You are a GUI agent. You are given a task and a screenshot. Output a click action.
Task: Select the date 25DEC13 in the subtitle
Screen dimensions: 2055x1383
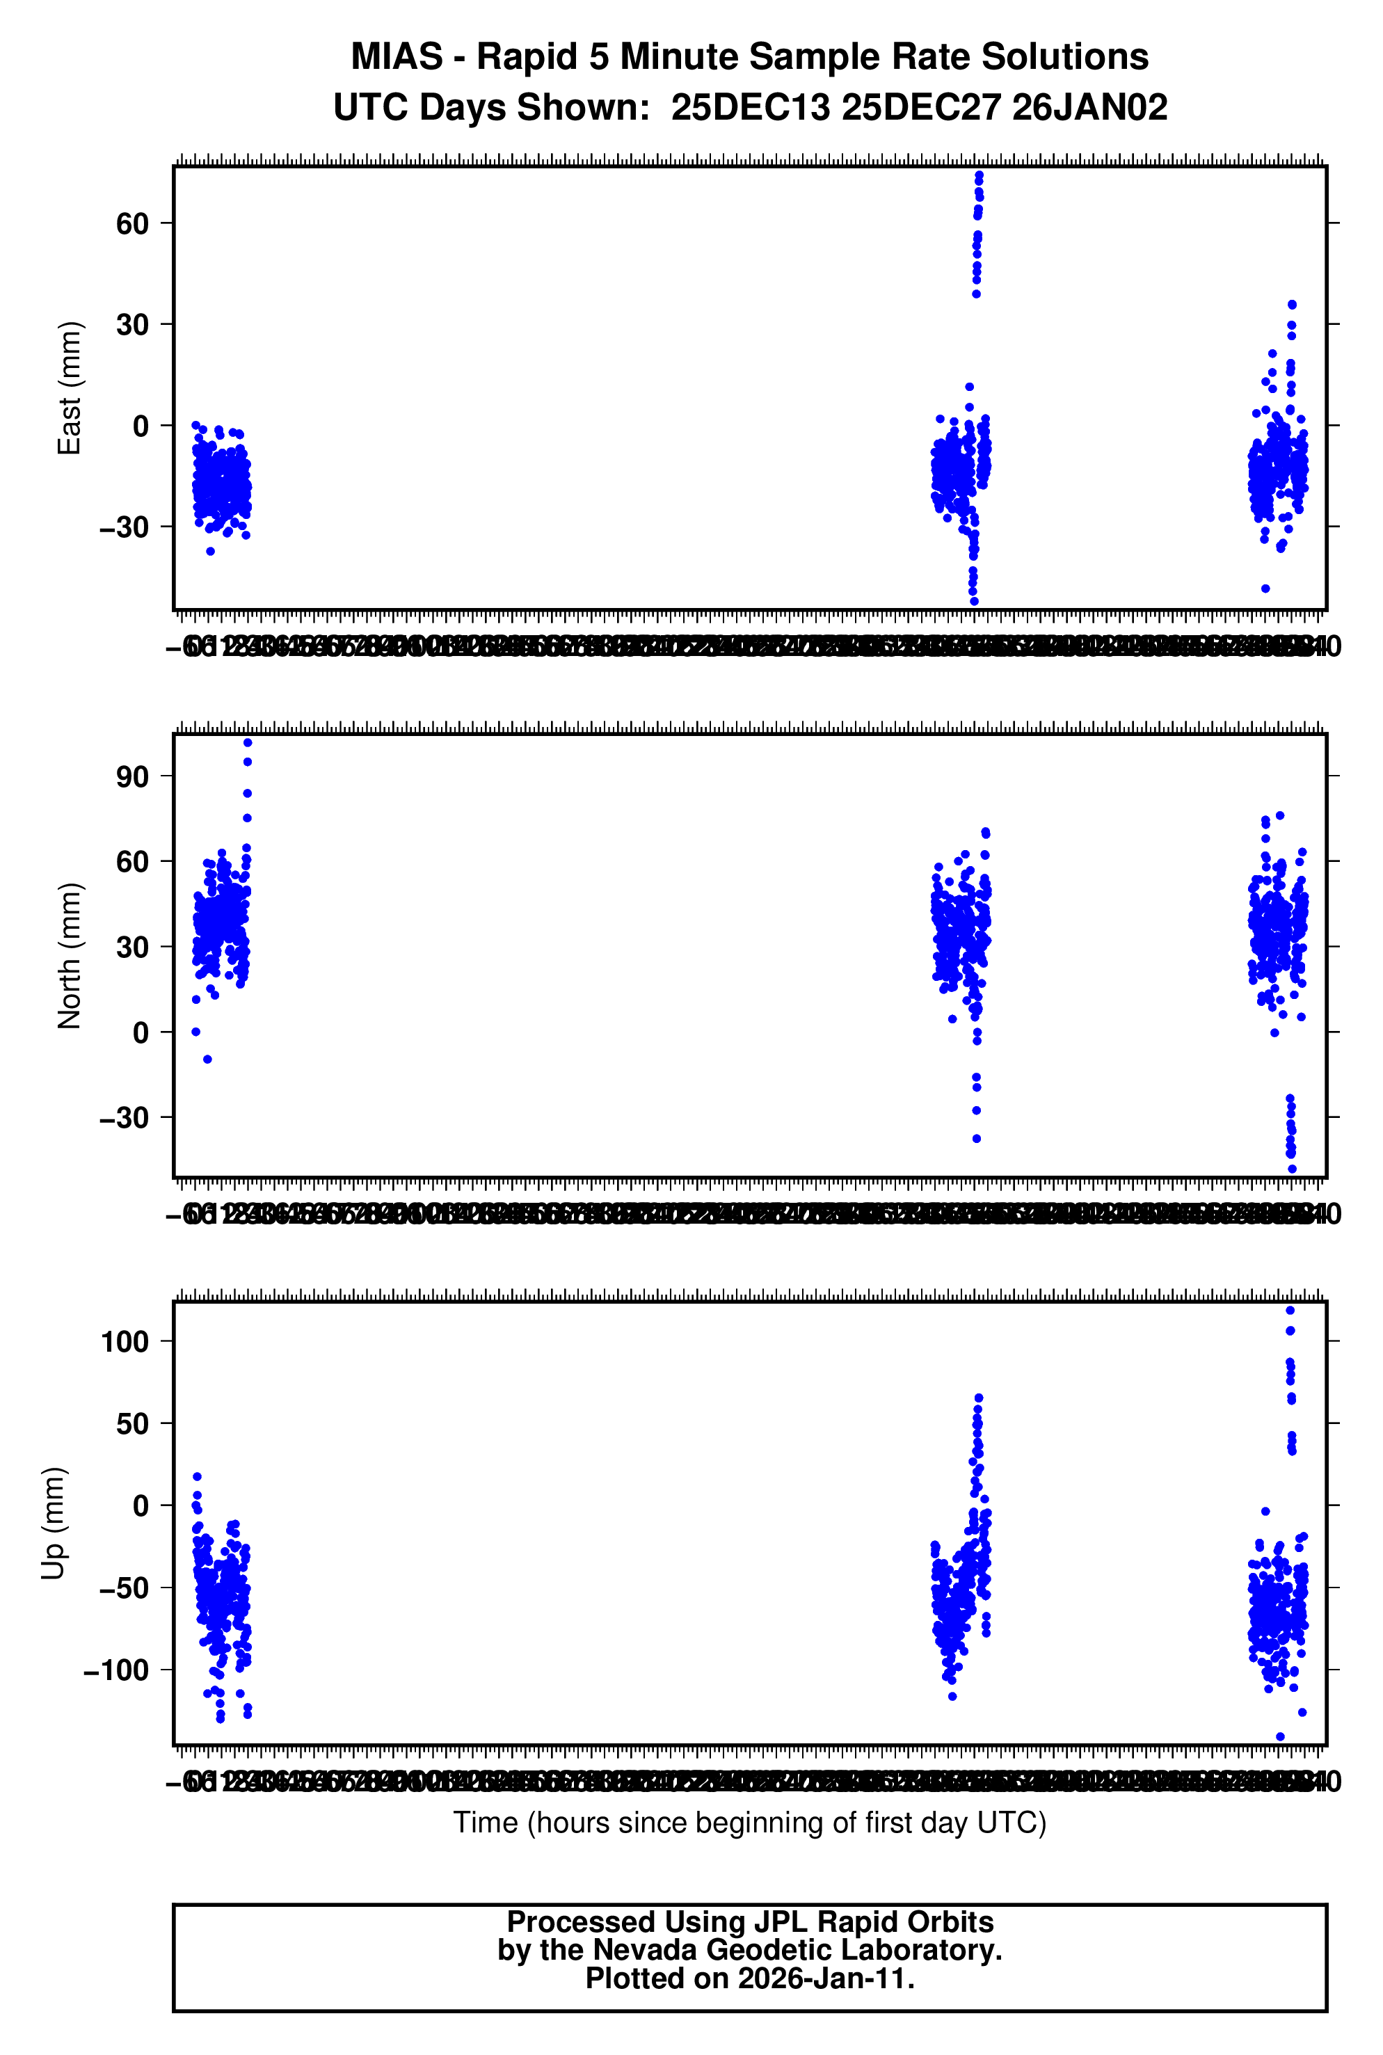[750, 108]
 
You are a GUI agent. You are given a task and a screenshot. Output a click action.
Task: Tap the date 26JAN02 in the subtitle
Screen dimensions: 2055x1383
[1089, 108]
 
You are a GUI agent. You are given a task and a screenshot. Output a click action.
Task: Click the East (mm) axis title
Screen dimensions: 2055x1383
[70, 388]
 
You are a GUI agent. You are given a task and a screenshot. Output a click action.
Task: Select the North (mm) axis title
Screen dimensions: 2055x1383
[70, 955]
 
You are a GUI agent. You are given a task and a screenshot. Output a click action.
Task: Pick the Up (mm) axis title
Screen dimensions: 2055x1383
[55, 1524]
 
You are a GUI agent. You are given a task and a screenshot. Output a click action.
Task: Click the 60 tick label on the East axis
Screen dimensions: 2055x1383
[132, 224]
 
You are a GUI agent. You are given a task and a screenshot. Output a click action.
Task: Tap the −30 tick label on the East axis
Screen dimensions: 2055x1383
[125, 527]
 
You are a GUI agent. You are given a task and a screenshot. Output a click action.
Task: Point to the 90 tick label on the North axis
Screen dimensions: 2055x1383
[132, 776]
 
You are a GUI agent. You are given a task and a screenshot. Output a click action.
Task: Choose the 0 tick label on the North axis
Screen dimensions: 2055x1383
[141, 1032]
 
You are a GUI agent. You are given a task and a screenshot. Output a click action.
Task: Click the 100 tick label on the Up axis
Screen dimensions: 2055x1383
[125, 1341]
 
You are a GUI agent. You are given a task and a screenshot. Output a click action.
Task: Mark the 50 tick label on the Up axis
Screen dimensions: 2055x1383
[132, 1423]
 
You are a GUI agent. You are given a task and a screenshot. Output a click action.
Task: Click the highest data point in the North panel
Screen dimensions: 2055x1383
[247, 742]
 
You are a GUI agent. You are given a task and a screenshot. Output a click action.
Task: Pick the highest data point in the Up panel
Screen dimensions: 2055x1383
[1290, 1311]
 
